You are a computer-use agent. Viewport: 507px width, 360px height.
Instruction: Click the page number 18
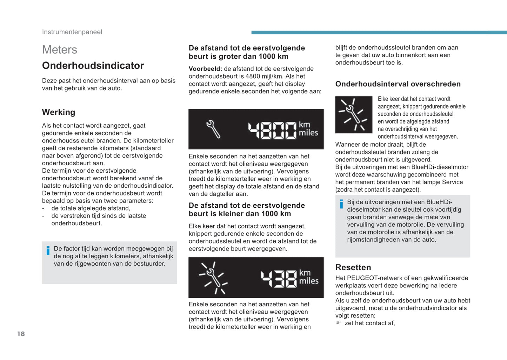[21, 334]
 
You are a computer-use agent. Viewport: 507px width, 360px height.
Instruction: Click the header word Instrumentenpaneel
[72, 32]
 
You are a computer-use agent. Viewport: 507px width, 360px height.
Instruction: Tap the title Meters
[60, 50]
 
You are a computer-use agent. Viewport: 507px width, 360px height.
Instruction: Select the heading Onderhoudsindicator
[93, 66]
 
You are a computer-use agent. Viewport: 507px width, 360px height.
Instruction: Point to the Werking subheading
[59, 112]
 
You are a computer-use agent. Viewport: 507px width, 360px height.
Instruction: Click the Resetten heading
[353, 267]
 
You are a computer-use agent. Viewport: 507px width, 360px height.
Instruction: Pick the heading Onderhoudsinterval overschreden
[398, 84]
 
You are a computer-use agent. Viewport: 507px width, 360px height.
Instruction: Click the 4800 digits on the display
[272, 130]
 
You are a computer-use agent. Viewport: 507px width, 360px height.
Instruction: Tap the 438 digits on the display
[279, 279]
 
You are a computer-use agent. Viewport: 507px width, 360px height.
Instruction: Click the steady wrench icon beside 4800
[213, 129]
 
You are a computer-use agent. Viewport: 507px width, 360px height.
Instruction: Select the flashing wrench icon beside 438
[213, 278]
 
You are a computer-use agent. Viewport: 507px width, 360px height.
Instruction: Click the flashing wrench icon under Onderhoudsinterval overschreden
[354, 115]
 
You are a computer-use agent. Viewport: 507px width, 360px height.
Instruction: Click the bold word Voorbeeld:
[205, 69]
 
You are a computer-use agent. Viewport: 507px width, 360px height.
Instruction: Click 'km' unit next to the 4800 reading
[304, 125]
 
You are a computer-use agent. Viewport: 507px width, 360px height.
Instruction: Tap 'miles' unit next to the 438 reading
[309, 281]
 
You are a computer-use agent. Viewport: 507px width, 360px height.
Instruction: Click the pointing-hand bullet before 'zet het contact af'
[338, 323]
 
